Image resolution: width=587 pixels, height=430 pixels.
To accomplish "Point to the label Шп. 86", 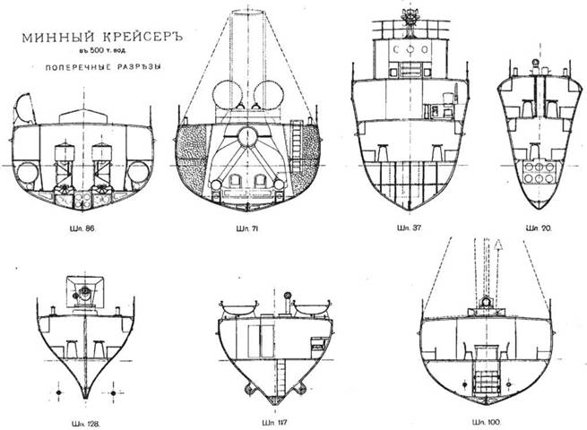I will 83,230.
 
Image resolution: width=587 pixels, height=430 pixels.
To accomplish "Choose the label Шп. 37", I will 410,230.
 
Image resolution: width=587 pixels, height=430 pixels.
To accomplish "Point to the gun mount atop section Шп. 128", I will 86,293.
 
